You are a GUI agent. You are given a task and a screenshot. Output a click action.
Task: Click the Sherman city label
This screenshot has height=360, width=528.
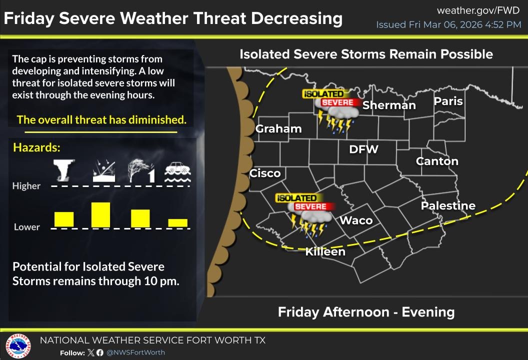(x=389, y=105)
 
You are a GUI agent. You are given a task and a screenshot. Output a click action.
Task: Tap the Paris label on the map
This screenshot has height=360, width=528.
(x=448, y=101)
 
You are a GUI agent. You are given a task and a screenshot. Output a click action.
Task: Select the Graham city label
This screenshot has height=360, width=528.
(x=278, y=128)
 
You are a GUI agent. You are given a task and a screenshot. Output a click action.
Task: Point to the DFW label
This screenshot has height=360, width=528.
(x=363, y=149)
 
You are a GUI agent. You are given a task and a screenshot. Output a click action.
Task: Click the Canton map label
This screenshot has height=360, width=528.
(x=437, y=161)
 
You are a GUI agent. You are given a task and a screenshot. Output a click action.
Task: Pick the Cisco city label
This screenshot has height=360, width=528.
(x=265, y=173)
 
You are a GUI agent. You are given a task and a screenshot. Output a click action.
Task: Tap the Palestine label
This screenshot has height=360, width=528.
(x=448, y=205)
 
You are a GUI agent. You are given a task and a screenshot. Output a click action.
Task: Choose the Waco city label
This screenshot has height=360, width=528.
(x=356, y=220)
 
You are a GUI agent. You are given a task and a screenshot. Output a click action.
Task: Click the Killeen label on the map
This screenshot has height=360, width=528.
(x=325, y=251)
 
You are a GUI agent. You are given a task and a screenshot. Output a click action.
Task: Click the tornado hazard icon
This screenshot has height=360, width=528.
(x=64, y=170)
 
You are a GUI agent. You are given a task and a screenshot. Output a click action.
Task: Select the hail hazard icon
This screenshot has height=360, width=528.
(x=103, y=171)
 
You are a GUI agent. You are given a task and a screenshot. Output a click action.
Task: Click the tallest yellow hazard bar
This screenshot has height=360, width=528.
(x=100, y=214)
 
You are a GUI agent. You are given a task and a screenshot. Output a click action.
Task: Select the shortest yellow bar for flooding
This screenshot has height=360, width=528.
(x=177, y=222)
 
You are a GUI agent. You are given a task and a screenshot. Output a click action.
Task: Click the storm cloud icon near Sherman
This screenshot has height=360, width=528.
(x=336, y=118)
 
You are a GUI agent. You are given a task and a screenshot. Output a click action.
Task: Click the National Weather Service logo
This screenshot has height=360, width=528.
(x=18, y=346)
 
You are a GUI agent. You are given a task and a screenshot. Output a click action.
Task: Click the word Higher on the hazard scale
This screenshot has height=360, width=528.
(x=26, y=186)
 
